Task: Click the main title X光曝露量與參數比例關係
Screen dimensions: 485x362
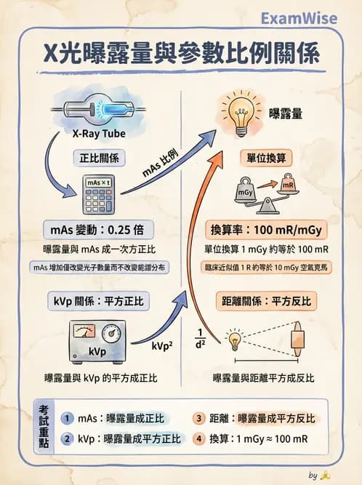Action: (181, 54)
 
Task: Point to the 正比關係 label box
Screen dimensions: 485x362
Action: (99, 156)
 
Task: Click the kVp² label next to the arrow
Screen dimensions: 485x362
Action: (162, 346)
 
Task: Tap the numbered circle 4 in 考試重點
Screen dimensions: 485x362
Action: (198, 438)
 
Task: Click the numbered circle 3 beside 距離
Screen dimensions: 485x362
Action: (198, 418)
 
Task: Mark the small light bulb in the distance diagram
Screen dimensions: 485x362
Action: (235, 339)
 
